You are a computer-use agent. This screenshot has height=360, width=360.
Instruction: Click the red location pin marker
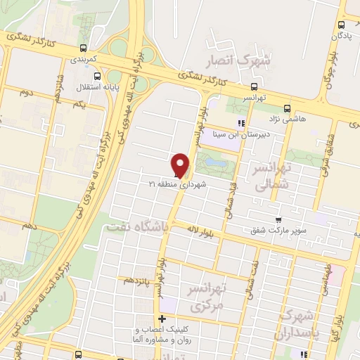point(181,165)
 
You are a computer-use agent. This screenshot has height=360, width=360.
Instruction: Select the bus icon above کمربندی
point(84,49)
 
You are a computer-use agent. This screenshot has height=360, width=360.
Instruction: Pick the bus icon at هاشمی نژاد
point(286,108)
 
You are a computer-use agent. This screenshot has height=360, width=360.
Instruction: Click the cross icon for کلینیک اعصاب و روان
point(162,319)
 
